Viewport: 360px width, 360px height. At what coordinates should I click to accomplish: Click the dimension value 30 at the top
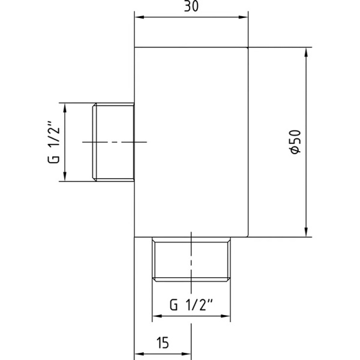[x=191, y=8]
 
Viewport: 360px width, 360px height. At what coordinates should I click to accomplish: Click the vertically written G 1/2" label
[x=53, y=142]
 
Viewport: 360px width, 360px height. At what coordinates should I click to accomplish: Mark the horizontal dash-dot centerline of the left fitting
[x=114, y=142]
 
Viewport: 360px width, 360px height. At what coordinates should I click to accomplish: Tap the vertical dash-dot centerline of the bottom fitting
[x=191, y=264]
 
